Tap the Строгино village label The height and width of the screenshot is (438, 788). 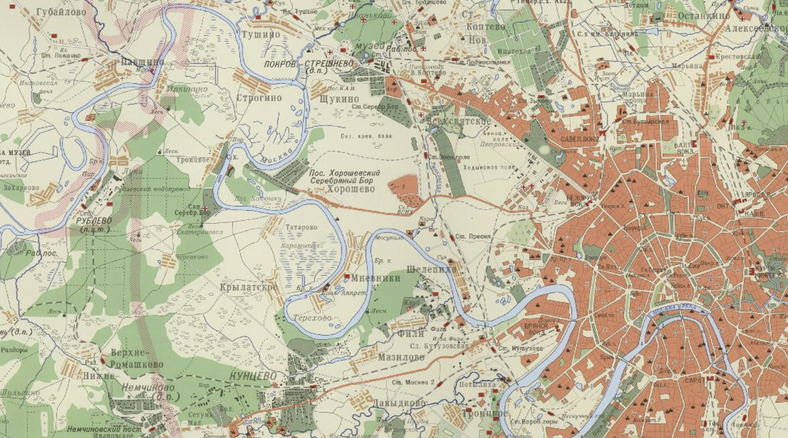[259, 98]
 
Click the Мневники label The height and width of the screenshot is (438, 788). [377, 278]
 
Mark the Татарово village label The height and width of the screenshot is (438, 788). [301, 227]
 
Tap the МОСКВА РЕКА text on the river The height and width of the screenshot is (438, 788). [676, 311]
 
